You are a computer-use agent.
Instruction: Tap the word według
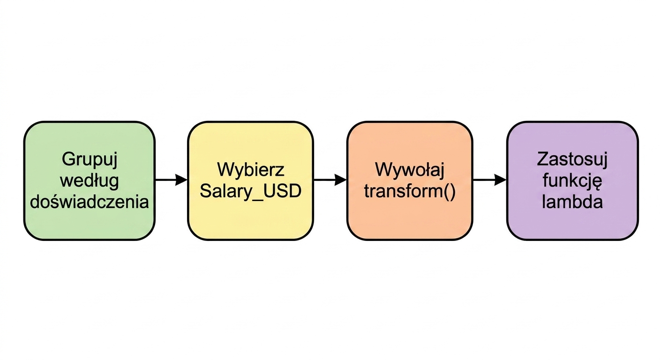pos(90,181)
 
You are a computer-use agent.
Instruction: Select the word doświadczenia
pos(89,202)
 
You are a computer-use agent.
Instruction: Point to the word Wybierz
pos(251,169)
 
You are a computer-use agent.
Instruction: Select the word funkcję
pos(572,181)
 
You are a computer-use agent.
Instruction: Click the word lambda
pos(572,202)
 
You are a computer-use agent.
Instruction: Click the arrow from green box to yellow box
pos(171,180)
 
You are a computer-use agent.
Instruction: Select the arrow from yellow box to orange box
pos(330,180)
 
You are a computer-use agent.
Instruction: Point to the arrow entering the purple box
pos(490,180)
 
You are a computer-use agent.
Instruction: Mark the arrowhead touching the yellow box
pos(181,180)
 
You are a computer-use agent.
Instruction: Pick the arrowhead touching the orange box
pos(341,180)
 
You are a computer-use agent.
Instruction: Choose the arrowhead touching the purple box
pos(501,180)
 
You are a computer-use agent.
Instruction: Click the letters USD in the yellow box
pos(281,191)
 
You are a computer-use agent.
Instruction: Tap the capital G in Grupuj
pos(68,159)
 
